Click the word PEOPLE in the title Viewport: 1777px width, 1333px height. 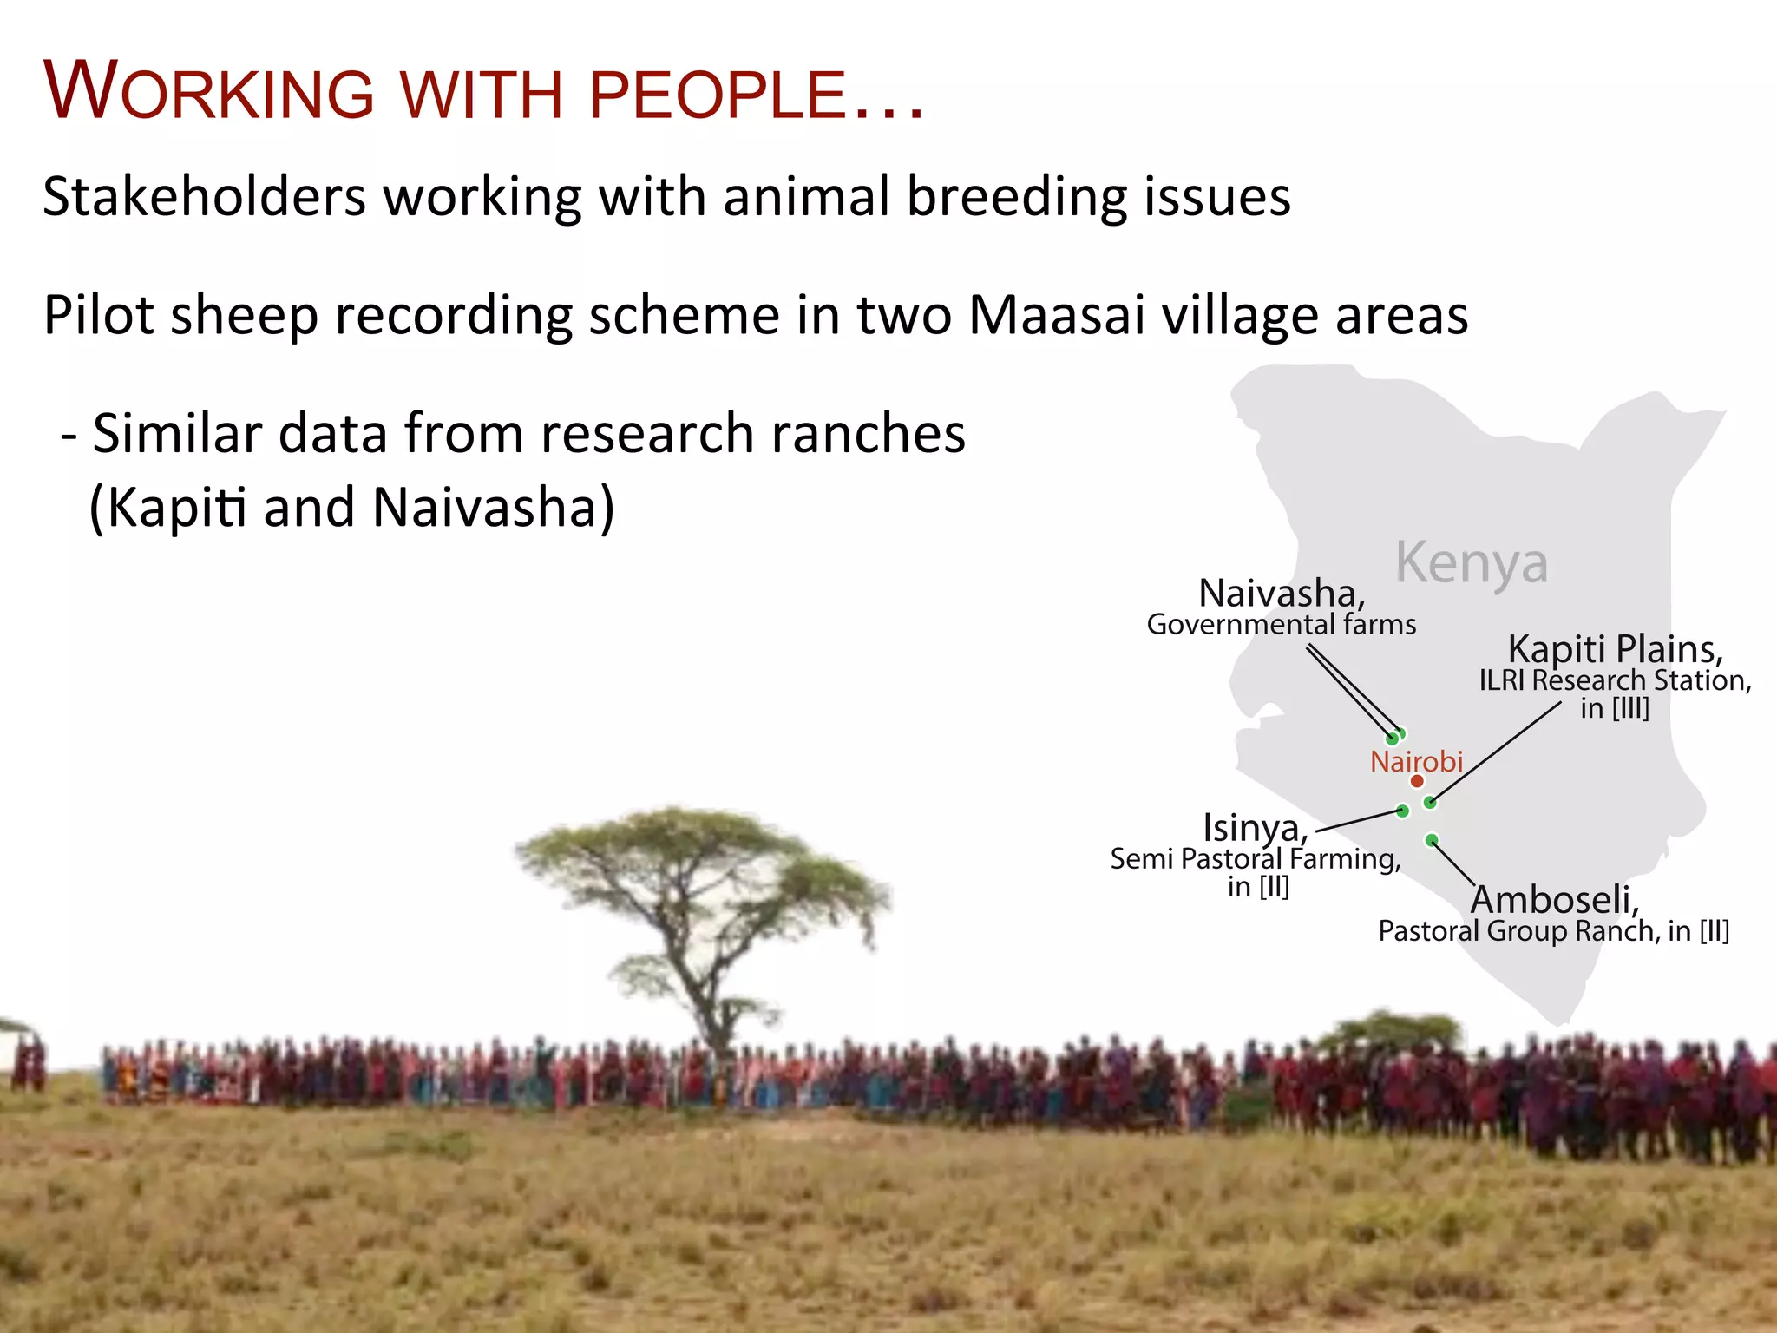click(x=717, y=95)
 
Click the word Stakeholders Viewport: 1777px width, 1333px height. click(x=205, y=196)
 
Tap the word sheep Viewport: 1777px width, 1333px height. click(x=245, y=314)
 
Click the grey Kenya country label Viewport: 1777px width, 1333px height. click(x=1472, y=563)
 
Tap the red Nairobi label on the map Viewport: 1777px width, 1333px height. click(x=1416, y=761)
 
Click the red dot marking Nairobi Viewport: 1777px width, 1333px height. click(x=1417, y=781)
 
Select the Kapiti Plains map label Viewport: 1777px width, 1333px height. click(x=1615, y=648)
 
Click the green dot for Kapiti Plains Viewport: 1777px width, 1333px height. click(x=1430, y=803)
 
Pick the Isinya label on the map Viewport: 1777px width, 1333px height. click(x=1255, y=828)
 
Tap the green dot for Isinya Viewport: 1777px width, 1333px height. click(x=1402, y=811)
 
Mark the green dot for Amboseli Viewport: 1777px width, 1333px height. click(x=1432, y=840)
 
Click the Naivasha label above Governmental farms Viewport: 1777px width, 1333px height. click(x=1282, y=594)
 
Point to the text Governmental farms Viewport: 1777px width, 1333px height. click(x=1282, y=625)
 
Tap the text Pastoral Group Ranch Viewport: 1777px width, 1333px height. click(x=1518, y=931)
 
